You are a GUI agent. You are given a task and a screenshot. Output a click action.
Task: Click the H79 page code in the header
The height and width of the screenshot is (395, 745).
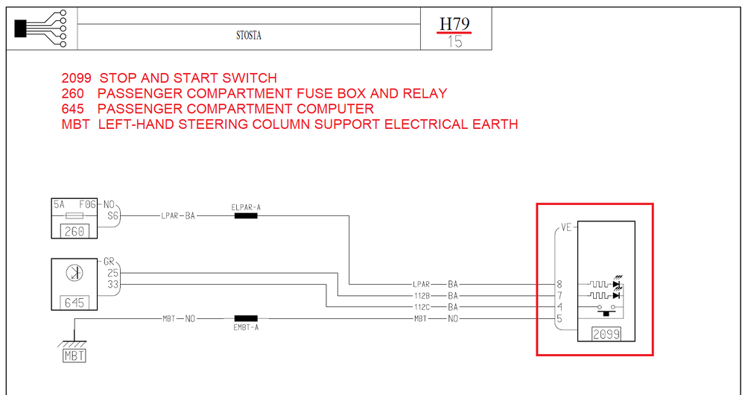click(x=454, y=24)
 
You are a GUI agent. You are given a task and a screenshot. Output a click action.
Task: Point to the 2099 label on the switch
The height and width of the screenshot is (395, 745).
click(x=606, y=335)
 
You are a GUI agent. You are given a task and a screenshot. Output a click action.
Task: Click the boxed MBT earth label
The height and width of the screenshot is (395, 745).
click(x=74, y=355)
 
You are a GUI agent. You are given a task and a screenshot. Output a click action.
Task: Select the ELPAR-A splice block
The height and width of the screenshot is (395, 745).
click(x=245, y=215)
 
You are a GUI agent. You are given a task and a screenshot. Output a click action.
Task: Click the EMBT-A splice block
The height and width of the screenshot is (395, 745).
click(x=245, y=319)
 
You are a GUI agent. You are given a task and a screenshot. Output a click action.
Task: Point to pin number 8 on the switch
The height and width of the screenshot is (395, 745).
click(x=559, y=285)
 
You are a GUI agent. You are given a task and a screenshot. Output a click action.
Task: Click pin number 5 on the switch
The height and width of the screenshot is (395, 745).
click(x=559, y=318)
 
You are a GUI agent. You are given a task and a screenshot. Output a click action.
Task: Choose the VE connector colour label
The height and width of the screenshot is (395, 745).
click(x=566, y=229)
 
